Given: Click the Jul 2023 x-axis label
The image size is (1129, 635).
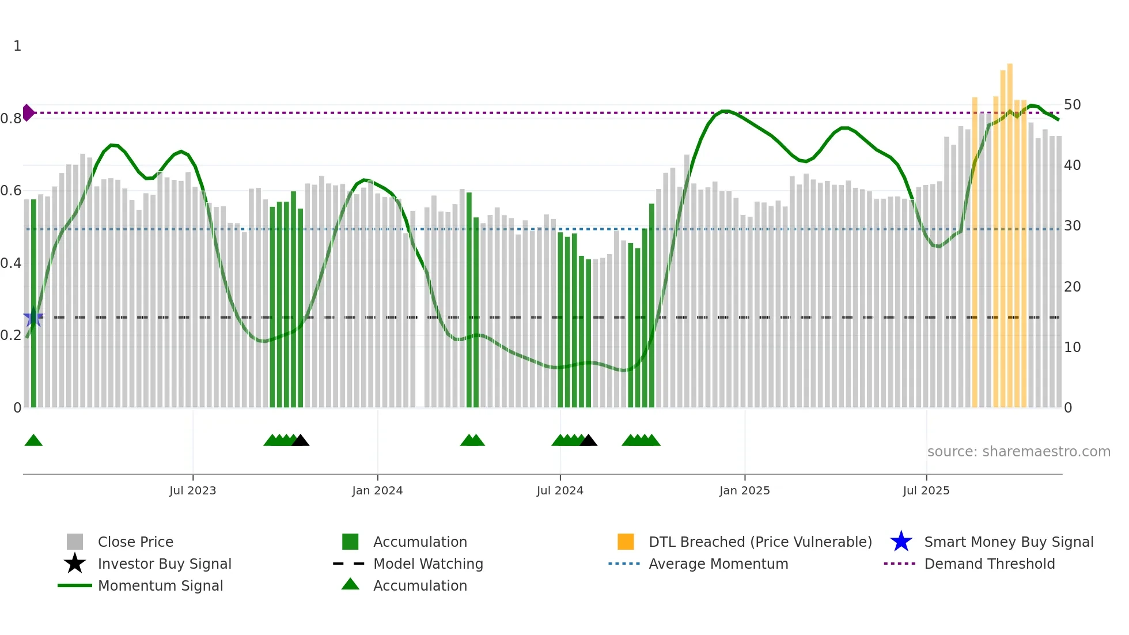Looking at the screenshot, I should tap(192, 490).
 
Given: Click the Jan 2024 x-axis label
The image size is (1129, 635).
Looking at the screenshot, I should tap(377, 490).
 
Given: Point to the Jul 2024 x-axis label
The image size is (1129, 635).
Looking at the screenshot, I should tap(560, 490).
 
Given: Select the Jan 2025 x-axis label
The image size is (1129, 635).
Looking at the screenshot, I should tap(744, 490).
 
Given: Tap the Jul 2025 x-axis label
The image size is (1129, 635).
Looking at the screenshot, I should tap(926, 490).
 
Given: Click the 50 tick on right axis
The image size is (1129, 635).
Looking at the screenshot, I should tap(1072, 105).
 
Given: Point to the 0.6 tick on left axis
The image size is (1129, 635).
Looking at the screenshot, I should tap(11, 191).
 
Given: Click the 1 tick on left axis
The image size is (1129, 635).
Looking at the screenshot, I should tap(17, 46).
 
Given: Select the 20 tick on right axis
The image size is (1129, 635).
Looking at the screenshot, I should tap(1072, 286).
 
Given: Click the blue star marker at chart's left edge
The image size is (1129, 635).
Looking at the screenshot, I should tap(33, 317).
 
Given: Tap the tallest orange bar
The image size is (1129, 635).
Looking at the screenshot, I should tap(1010, 230).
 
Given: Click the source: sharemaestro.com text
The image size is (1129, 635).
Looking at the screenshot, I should tap(1018, 452).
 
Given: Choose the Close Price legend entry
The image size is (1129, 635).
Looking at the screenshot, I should tap(135, 542).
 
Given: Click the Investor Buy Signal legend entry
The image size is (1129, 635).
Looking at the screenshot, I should tap(164, 564).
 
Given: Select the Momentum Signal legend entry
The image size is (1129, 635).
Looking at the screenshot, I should tap(160, 585).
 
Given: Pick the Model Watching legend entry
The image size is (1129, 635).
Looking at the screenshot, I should tap(428, 564).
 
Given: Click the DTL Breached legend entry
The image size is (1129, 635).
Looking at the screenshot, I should tap(760, 542).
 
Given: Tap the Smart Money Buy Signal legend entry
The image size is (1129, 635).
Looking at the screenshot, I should tap(1008, 542).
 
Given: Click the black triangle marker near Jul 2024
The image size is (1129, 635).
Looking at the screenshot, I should tap(588, 441).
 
